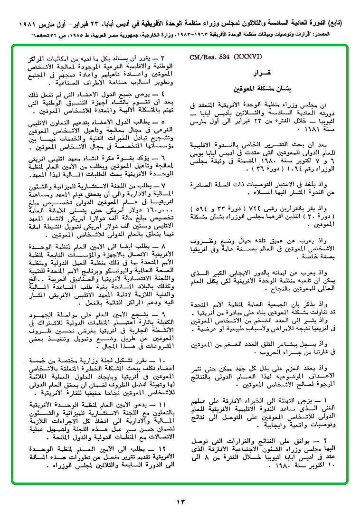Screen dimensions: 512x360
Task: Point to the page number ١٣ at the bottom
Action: pyautogui.click(x=181, y=502)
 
